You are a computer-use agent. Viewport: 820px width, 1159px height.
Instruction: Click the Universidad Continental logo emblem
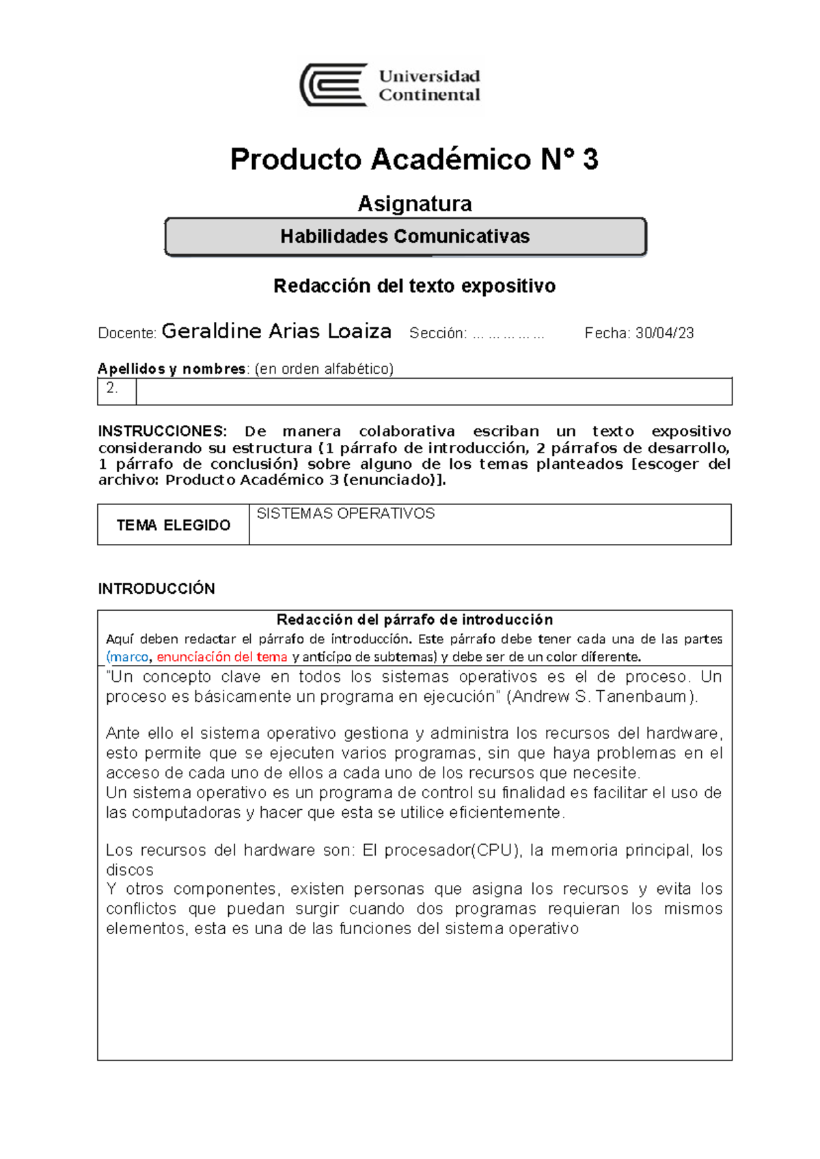tap(334, 85)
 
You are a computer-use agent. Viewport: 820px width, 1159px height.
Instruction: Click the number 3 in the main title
tap(590, 159)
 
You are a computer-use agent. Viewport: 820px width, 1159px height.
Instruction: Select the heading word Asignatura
tap(414, 204)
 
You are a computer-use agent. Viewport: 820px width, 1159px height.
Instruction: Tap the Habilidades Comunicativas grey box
tap(405, 236)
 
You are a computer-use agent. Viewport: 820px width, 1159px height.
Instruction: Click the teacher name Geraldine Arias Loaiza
tap(276, 331)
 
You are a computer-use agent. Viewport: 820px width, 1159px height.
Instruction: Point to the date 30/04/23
tap(664, 333)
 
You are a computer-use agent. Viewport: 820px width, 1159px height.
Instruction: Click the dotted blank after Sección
tap(508, 334)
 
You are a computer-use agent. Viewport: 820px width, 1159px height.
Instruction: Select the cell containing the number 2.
tap(115, 390)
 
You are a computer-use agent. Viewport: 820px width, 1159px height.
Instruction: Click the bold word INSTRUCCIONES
tap(162, 431)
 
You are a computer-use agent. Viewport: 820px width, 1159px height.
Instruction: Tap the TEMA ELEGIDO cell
tap(173, 525)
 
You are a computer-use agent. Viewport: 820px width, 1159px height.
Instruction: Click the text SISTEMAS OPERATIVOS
tap(345, 514)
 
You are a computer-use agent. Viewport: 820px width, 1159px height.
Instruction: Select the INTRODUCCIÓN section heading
tap(156, 588)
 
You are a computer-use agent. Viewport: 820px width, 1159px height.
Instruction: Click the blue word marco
tap(129, 657)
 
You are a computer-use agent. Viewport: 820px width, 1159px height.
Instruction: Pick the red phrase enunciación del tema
tap(222, 657)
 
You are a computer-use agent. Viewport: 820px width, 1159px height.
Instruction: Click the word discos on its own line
tap(129, 870)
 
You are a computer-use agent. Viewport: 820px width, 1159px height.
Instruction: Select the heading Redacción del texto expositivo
tap(414, 286)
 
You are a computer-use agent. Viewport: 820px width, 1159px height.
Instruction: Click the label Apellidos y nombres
tap(172, 369)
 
